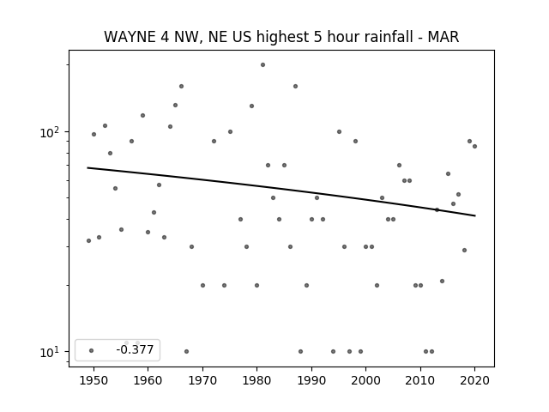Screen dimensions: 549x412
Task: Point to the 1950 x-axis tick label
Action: pyautogui.click(x=94, y=380)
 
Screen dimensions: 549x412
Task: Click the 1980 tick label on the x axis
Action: pyautogui.click(x=256, y=380)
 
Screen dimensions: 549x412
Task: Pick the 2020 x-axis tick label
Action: pyautogui.click(x=474, y=380)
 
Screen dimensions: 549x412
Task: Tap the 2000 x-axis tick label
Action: pyautogui.click(x=365, y=380)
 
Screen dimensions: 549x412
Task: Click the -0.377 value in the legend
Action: pyautogui.click(x=135, y=349)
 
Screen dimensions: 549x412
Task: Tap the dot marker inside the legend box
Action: pyautogui.click(x=92, y=350)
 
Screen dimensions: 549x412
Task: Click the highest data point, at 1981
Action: pyautogui.click(x=263, y=65)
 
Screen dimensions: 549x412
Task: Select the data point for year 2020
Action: pyautogui.click(x=474, y=147)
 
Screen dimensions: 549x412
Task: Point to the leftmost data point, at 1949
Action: pyautogui.click(x=88, y=240)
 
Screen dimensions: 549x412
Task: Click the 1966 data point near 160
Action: pyautogui.click(x=181, y=86)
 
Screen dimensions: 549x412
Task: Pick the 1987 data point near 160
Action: pyautogui.click(x=295, y=86)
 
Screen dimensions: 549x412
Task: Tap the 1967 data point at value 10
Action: pyautogui.click(x=187, y=351)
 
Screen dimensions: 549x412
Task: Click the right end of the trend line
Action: pyautogui.click(x=475, y=215)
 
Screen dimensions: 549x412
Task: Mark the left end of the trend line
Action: pyautogui.click(x=87, y=168)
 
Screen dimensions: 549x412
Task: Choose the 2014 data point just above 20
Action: pyautogui.click(x=443, y=281)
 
